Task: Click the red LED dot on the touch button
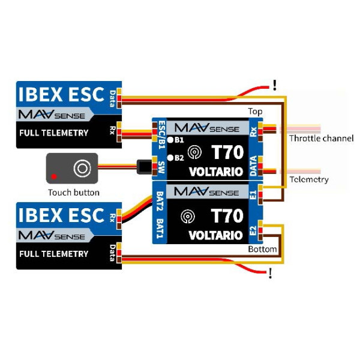[54, 176]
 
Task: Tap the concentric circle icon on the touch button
[82, 168]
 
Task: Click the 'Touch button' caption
[74, 193]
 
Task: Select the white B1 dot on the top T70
[170, 140]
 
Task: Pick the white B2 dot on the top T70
[170, 158]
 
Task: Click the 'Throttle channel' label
[321, 138]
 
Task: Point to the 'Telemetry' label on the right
[309, 179]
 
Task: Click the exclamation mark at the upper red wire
[275, 85]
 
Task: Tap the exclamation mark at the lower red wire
[271, 273]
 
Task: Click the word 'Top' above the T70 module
[255, 112]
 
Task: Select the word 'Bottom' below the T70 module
[262, 249]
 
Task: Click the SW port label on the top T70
[161, 167]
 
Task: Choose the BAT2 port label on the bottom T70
[160, 201]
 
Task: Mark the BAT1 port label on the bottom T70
[160, 229]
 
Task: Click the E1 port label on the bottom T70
[253, 195]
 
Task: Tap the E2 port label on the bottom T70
[253, 230]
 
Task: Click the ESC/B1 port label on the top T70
[162, 135]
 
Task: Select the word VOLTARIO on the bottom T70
[215, 235]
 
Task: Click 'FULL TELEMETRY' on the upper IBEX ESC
[54, 133]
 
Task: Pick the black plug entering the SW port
[144, 167]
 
